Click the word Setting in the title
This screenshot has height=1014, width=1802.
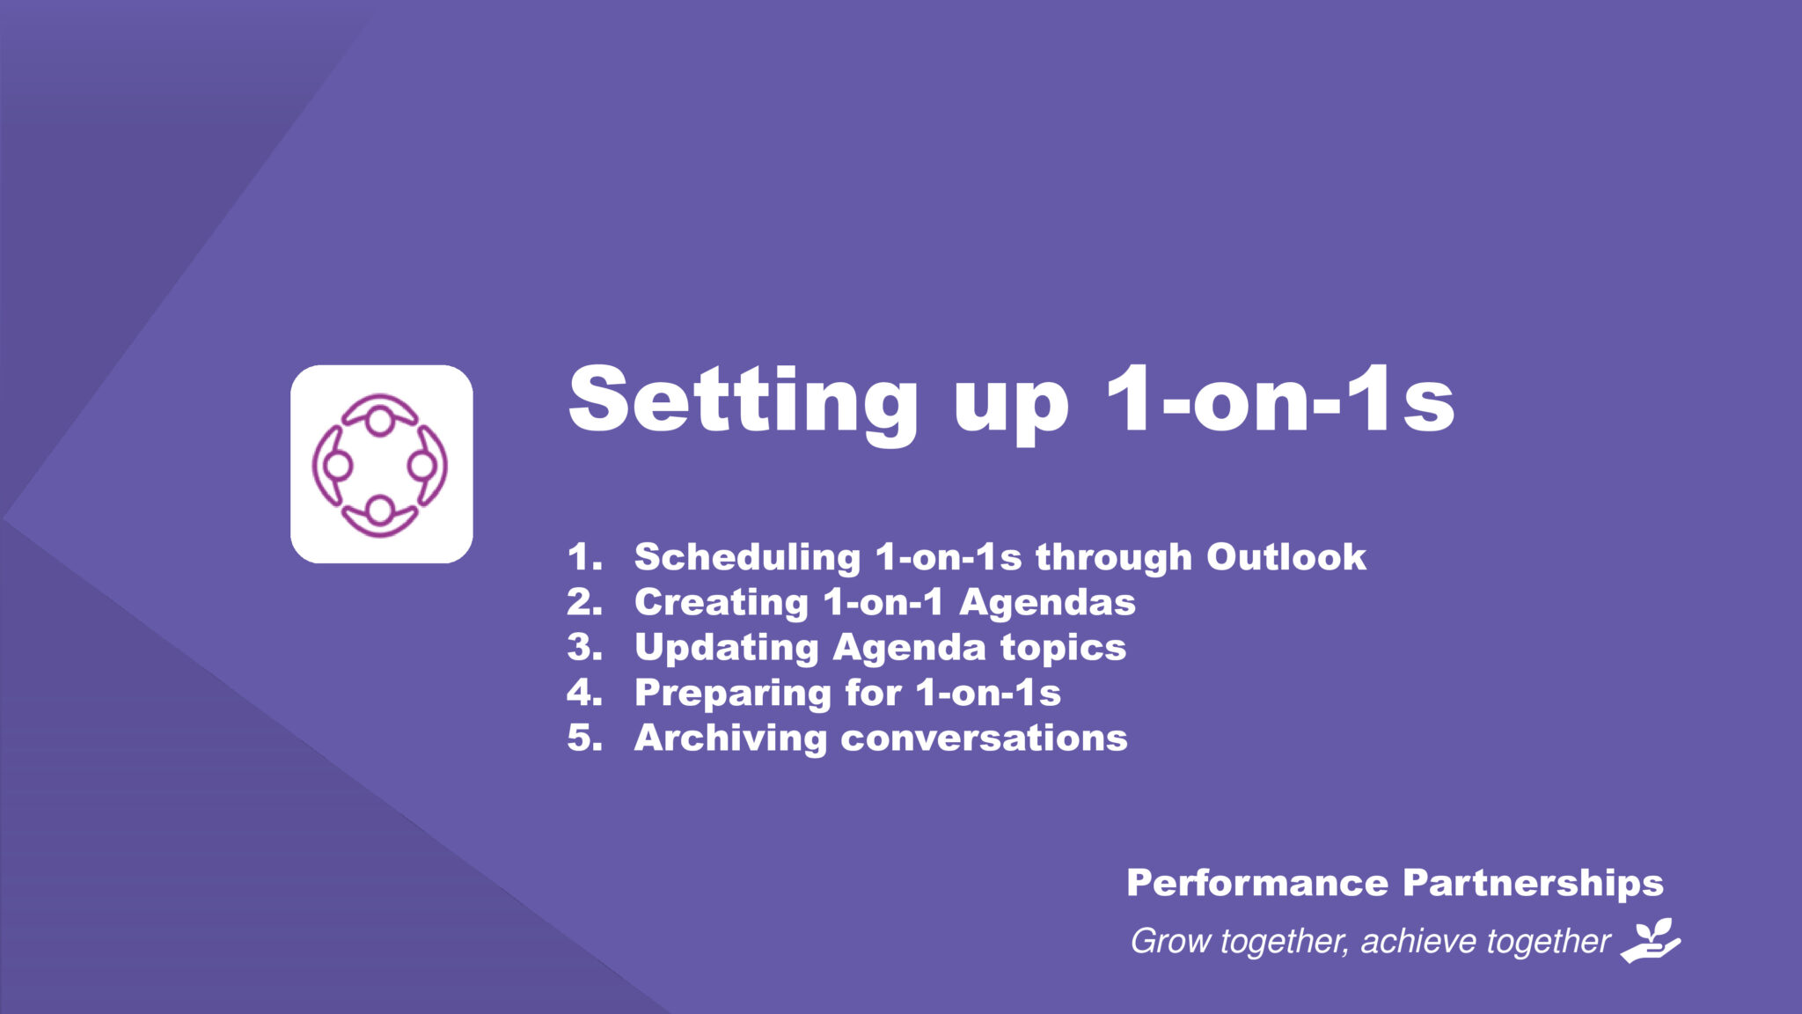[744, 403]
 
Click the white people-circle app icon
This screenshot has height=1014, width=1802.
[382, 464]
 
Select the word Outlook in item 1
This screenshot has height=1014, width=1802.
[1286, 556]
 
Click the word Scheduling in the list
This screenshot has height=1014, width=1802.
[747, 558]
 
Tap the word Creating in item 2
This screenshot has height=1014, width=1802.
[722, 604]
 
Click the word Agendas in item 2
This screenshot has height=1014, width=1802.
[1047, 604]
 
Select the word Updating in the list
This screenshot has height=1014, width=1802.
[727, 649]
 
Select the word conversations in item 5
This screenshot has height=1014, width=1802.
[984, 738]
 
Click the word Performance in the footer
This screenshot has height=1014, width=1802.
[1257, 883]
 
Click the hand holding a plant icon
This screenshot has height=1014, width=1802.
[1651, 940]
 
